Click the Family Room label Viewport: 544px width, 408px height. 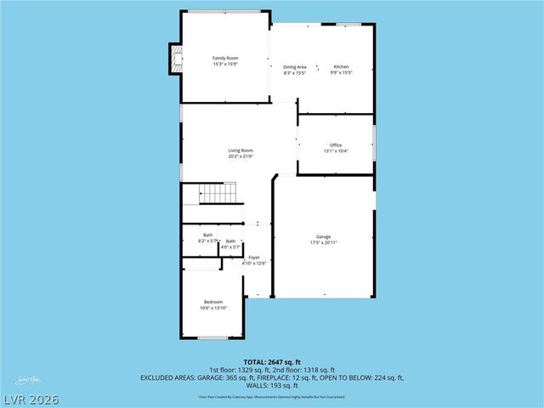pyautogui.click(x=224, y=58)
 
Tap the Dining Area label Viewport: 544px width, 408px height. pyautogui.click(x=295, y=66)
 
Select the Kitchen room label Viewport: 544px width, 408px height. pyautogui.click(x=341, y=66)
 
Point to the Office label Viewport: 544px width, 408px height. pyautogui.click(x=336, y=145)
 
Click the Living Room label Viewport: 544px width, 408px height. pyautogui.click(x=241, y=150)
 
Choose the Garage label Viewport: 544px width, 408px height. pyautogui.click(x=323, y=237)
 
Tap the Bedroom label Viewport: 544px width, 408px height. pyautogui.click(x=213, y=302)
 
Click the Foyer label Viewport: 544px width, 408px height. pyautogui.click(x=254, y=257)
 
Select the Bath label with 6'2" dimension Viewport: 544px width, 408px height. pyautogui.click(x=208, y=235)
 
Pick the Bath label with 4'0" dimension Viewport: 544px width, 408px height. pyautogui.click(x=231, y=241)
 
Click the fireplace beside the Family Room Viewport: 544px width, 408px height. pyautogui.click(x=176, y=58)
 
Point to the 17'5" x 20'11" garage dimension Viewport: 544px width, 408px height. pyautogui.click(x=323, y=243)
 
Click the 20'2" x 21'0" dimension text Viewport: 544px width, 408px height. pyautogui.click(x=241, y=156)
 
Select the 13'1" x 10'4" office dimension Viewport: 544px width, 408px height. pyautogui.click(x=336, y=151)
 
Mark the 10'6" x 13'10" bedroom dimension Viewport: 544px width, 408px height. pyautogui.click(x=213, y=308)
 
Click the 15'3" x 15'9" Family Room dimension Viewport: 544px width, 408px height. pyautogui.click(x=224, y=64)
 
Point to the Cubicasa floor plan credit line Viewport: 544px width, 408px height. pyautogui.click(x=271, y=396)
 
